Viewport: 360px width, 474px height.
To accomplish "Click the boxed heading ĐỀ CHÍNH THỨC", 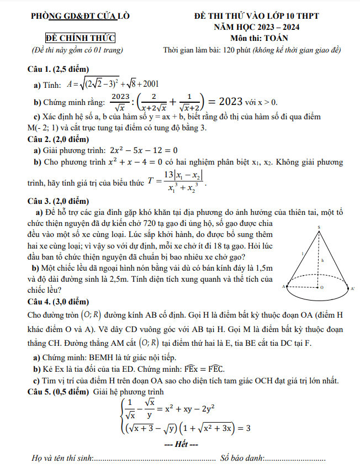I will pyautogui.click(x=81, y=38).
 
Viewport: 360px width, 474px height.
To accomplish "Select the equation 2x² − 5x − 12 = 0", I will pyautogui.click(x=144, y=150).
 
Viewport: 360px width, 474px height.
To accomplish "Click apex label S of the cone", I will pyautogui.click(x=319, y=228).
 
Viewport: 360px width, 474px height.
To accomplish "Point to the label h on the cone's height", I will pyautogui.click(x=322, y=259).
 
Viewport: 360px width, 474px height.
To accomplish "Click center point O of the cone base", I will pyautogui.click(x=322, y=288).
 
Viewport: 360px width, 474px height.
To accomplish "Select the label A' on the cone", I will pyautogui.click(x=353, y=288).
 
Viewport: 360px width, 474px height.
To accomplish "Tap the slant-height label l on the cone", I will pyautogui.click(x=302, y=253).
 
